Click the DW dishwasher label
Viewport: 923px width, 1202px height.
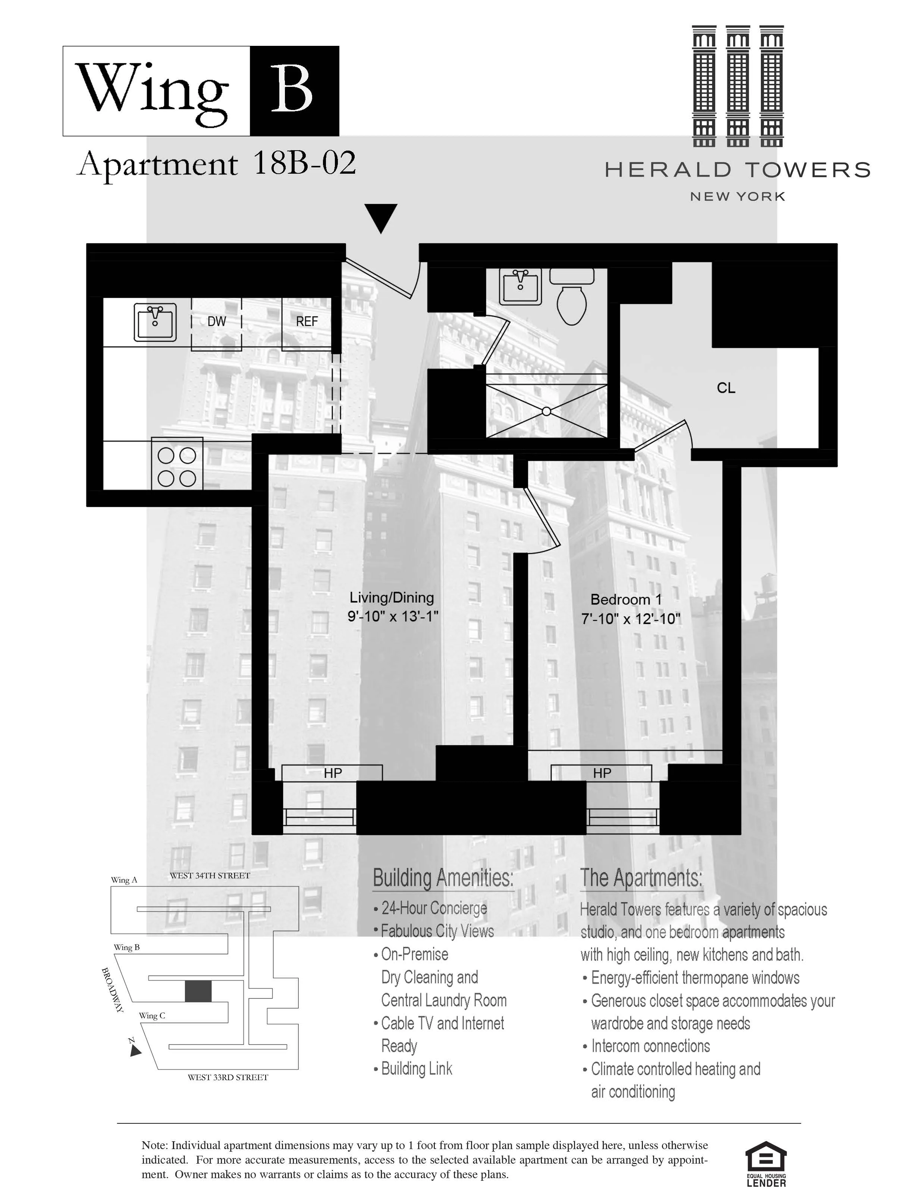tap(216, 322)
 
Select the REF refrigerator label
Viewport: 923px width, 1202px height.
tap(307, 322)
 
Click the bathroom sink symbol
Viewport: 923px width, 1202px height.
tap(520, 286)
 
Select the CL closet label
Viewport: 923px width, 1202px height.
tap(726, 388)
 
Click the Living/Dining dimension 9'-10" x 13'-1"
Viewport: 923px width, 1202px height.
tap(393, 616)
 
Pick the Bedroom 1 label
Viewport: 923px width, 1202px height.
tap(626, 600)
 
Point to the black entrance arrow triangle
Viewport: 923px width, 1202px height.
tap(381, 217)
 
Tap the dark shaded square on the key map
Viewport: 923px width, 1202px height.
tap(198, 991)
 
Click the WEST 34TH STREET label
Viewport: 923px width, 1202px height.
tap(210, 876)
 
